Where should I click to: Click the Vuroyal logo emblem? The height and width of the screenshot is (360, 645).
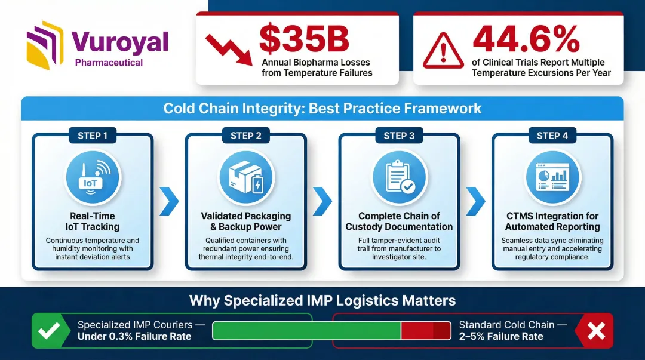pos(45,45)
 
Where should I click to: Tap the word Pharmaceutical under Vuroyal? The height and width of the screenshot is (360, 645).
pos(109,63)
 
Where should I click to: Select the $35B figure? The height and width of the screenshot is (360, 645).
pos(305,39)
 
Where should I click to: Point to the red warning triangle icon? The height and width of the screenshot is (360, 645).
pos(443,51)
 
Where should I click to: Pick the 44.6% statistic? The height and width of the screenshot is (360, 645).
pos(527,39)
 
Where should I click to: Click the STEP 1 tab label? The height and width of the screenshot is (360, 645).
pos(93,136)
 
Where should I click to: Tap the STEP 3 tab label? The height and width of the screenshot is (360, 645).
pos(399,136)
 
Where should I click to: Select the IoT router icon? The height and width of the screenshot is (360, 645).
pos(93,178)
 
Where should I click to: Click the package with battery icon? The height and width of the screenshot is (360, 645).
pos(246,178)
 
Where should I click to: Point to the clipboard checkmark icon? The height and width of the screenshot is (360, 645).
pos(400,178)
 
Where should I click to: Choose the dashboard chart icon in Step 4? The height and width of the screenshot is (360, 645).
pos(553,178)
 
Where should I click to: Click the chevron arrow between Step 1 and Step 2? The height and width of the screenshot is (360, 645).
pos(169,202)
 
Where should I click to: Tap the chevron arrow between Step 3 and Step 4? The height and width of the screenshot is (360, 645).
pos(475,202)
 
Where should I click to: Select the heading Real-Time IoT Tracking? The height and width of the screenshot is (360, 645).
pos(93,221)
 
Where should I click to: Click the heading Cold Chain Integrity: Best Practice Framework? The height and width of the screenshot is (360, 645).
pos(322,109)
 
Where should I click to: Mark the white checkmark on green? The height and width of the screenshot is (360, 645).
pos(49,331)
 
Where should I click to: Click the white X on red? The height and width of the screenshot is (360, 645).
pos(596,331)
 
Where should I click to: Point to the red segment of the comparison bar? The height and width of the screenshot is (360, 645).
pos(426,330)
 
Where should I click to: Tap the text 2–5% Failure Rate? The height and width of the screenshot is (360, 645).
pos(501,337)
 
